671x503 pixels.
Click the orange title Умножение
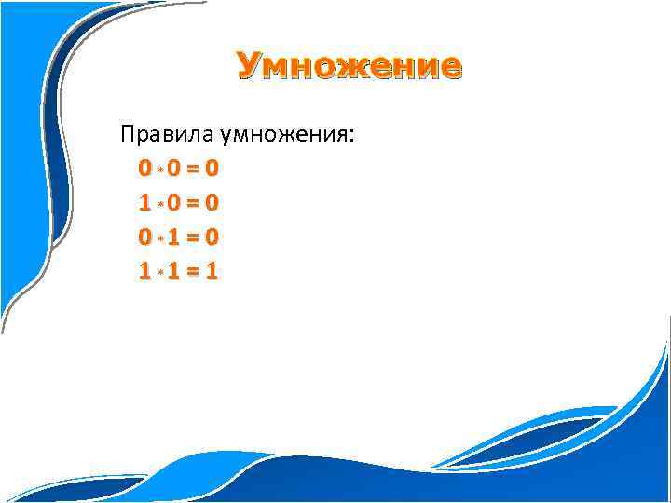[349, 65]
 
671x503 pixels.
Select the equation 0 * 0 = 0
[178, 170]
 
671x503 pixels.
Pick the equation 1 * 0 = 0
[178, 203]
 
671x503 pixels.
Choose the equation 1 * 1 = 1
[178, 271]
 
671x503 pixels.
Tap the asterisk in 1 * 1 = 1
[159, 272]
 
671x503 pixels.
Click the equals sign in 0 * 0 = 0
[193, 170]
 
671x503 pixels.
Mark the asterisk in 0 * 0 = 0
[159, 170]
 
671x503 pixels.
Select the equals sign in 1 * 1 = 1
[193, 271]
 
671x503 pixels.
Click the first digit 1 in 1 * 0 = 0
[144, 203]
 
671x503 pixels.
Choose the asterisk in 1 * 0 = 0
[159, 204]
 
